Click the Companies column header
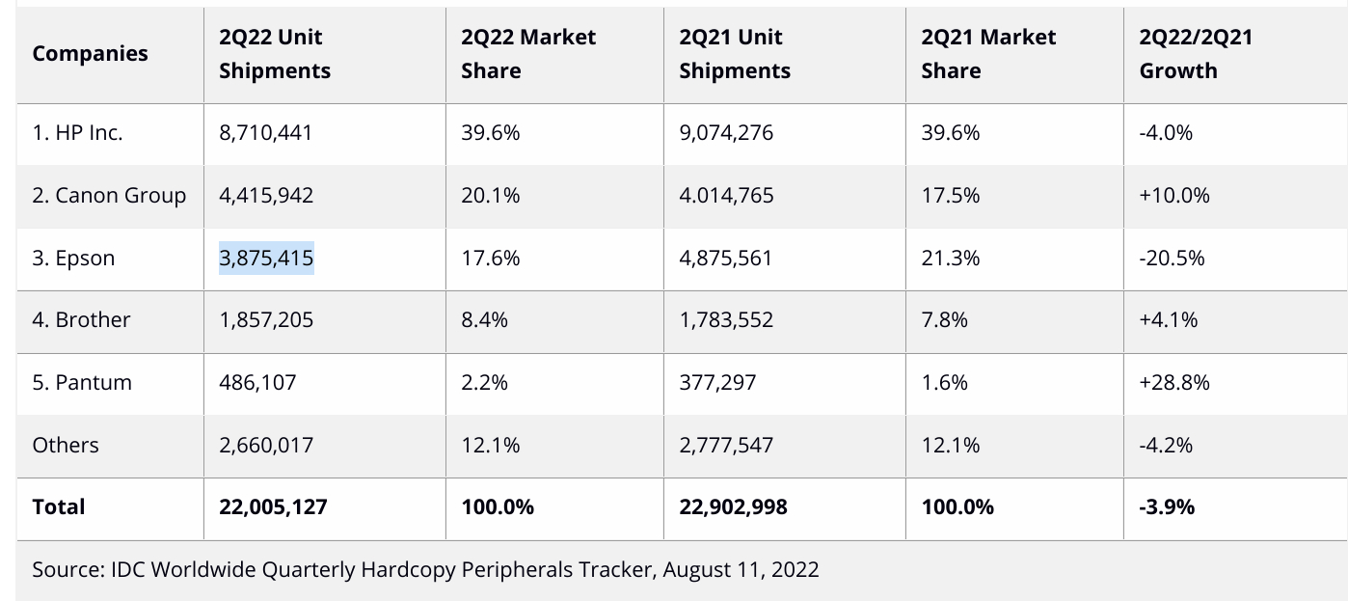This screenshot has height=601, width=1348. click(90, 53)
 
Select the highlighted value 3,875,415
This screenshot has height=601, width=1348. click(266, 258)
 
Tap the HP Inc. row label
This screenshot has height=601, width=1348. click(77, 133)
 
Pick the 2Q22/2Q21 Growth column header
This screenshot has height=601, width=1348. click(1195, 53)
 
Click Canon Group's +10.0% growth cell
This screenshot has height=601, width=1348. click(1173, 195)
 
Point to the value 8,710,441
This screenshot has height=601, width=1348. click(265, 133)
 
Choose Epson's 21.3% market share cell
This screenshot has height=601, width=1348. click(950, 258)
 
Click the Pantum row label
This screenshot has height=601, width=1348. click(82, 382)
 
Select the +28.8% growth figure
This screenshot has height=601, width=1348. click(1173, 382)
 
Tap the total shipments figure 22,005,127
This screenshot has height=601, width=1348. click(273, 506)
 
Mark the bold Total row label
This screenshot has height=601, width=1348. click(59, 506)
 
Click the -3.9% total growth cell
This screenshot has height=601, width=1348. click(1167, 506)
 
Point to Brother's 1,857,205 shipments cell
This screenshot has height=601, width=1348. click(266, 319)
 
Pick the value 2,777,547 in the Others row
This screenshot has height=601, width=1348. click(726, 445)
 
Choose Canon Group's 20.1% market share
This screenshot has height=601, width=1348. click(490, 195)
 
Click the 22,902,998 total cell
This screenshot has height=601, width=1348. click(733, 506)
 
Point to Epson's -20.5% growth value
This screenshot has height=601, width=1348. click(1172, 258)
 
